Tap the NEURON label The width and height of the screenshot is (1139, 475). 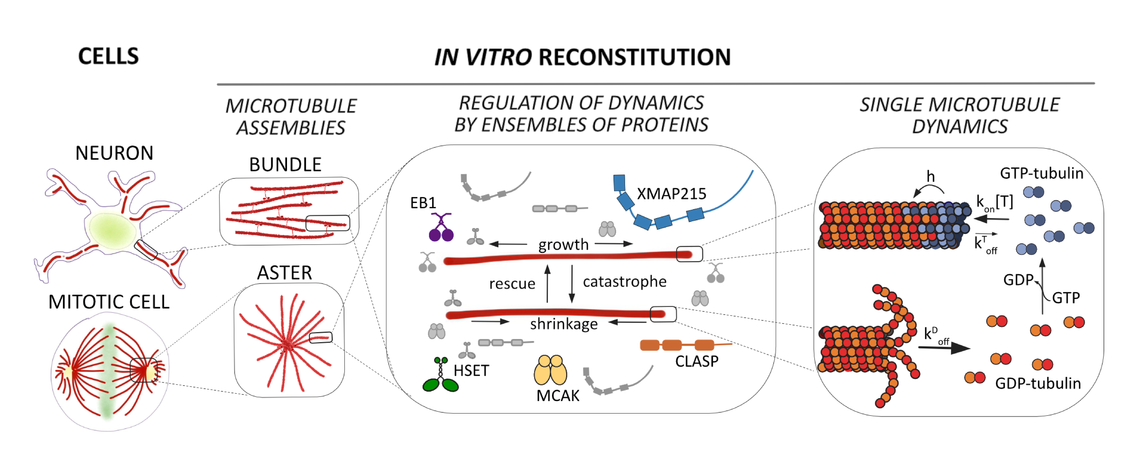click(114, 153)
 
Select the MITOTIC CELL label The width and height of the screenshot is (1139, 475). click(109, 302)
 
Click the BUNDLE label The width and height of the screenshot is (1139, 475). click(285, 165)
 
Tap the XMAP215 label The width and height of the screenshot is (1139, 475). click(671, 193)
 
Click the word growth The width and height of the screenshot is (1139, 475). click(563, 244)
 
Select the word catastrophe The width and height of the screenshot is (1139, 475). click(624, 282)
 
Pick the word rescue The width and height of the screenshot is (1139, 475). click(512, 283)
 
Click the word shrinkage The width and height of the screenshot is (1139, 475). click(564, 324)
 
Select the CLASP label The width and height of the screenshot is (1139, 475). click(696, 361)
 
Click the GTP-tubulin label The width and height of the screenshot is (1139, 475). click(1041, 173)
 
